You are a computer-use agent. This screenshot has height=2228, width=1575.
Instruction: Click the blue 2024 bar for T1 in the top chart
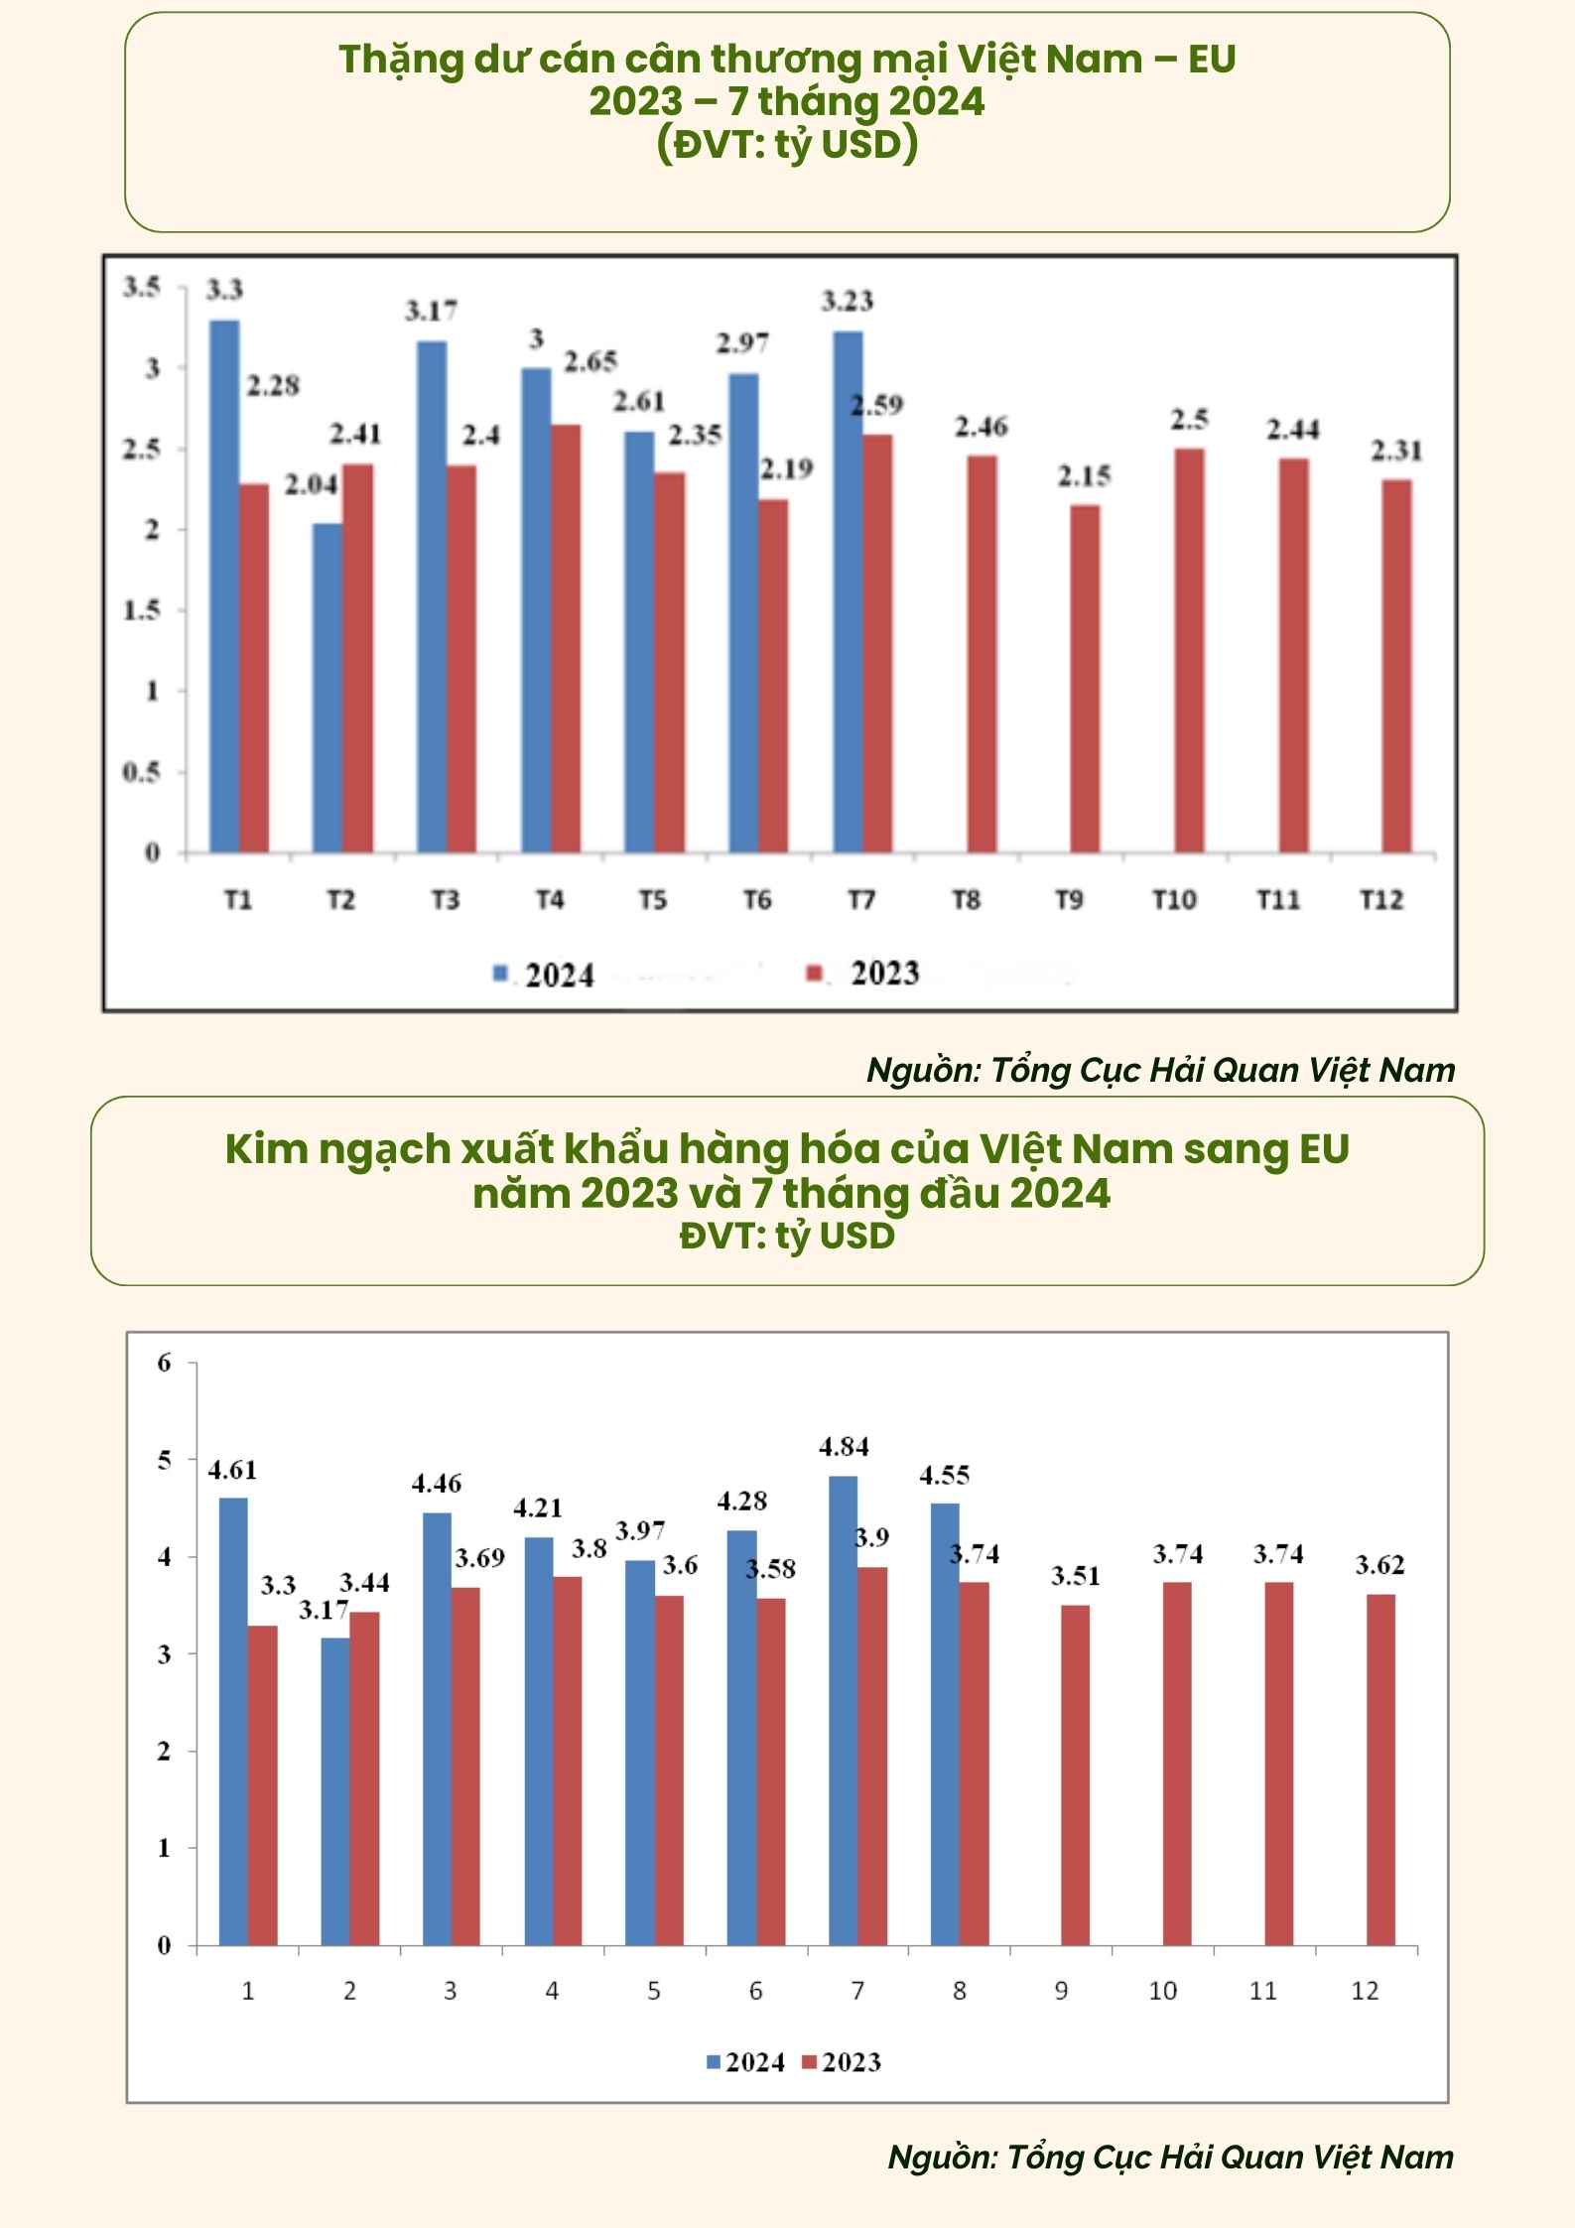[224, 586]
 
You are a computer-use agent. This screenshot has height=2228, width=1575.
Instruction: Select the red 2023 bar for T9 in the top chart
[1085, 679]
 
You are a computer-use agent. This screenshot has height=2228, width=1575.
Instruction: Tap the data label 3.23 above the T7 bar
[847, 301]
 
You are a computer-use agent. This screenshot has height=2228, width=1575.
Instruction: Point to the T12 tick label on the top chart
[1381, 900]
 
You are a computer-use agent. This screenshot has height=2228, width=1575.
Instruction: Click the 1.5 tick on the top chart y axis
[141, 610]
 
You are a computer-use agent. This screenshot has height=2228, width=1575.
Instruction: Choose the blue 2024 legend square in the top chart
[501, 974]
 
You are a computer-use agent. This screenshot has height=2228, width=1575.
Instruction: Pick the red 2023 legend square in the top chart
[815, 974]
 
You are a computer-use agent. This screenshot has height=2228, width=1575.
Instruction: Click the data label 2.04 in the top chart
[312, 484]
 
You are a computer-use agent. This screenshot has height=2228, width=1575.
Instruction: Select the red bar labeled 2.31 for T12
[1396, 666]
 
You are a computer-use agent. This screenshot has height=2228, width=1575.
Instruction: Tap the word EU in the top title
[1211, 60]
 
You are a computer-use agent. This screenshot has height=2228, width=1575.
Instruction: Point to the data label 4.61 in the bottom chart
[232, 1470]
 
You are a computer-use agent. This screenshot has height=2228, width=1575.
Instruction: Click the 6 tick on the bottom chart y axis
[164, 1363]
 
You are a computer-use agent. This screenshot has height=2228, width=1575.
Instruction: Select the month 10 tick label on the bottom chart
[1162, 1991]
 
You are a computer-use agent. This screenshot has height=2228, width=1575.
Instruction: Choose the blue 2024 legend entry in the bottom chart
[744, 2062]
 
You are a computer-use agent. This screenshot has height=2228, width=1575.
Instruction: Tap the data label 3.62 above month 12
[1379, 1565]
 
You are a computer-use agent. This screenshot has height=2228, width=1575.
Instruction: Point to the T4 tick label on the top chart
[550, 900]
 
